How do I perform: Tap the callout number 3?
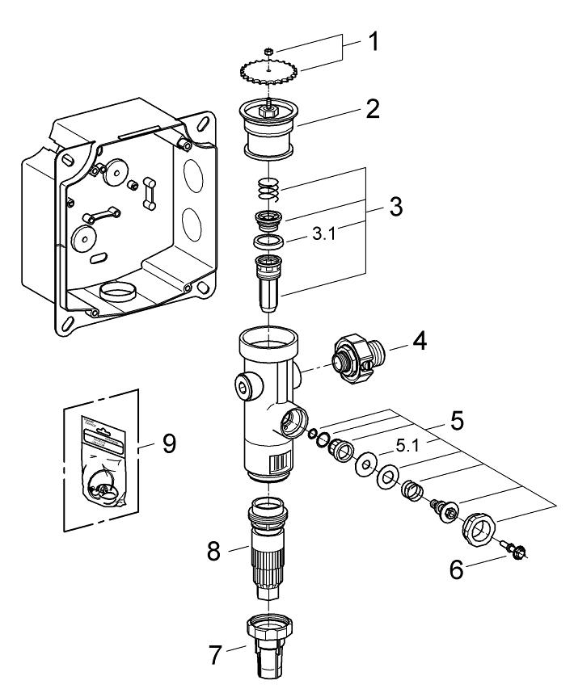point(395,206)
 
